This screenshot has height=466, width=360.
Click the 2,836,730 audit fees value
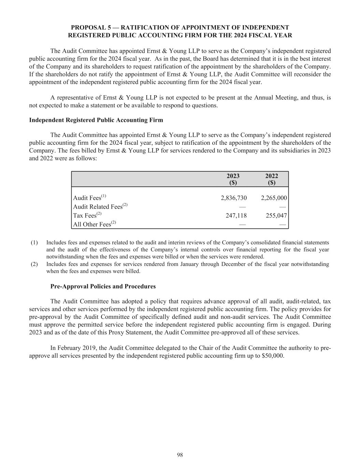point(234,198)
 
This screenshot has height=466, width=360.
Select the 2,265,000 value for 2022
point(274,198)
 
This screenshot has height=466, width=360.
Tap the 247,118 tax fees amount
point(236,215)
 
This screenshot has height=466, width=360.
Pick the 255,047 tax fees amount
point(276,215)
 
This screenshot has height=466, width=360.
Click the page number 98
point(180,455)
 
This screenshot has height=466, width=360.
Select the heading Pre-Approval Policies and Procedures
point(103,286)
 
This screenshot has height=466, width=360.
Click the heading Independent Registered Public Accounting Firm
point(96,120)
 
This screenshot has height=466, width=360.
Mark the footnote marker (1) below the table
point(34,243)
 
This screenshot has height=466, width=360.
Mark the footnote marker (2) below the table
point(34,264)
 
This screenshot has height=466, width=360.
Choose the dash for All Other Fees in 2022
point(282,225)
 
